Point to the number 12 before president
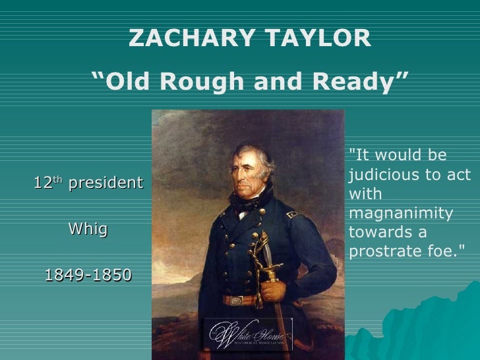click(x=43, y=183)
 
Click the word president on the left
click(x=105, y=183)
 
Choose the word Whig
click(x=88, y=229)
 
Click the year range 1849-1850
click(x=88, y=274)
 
